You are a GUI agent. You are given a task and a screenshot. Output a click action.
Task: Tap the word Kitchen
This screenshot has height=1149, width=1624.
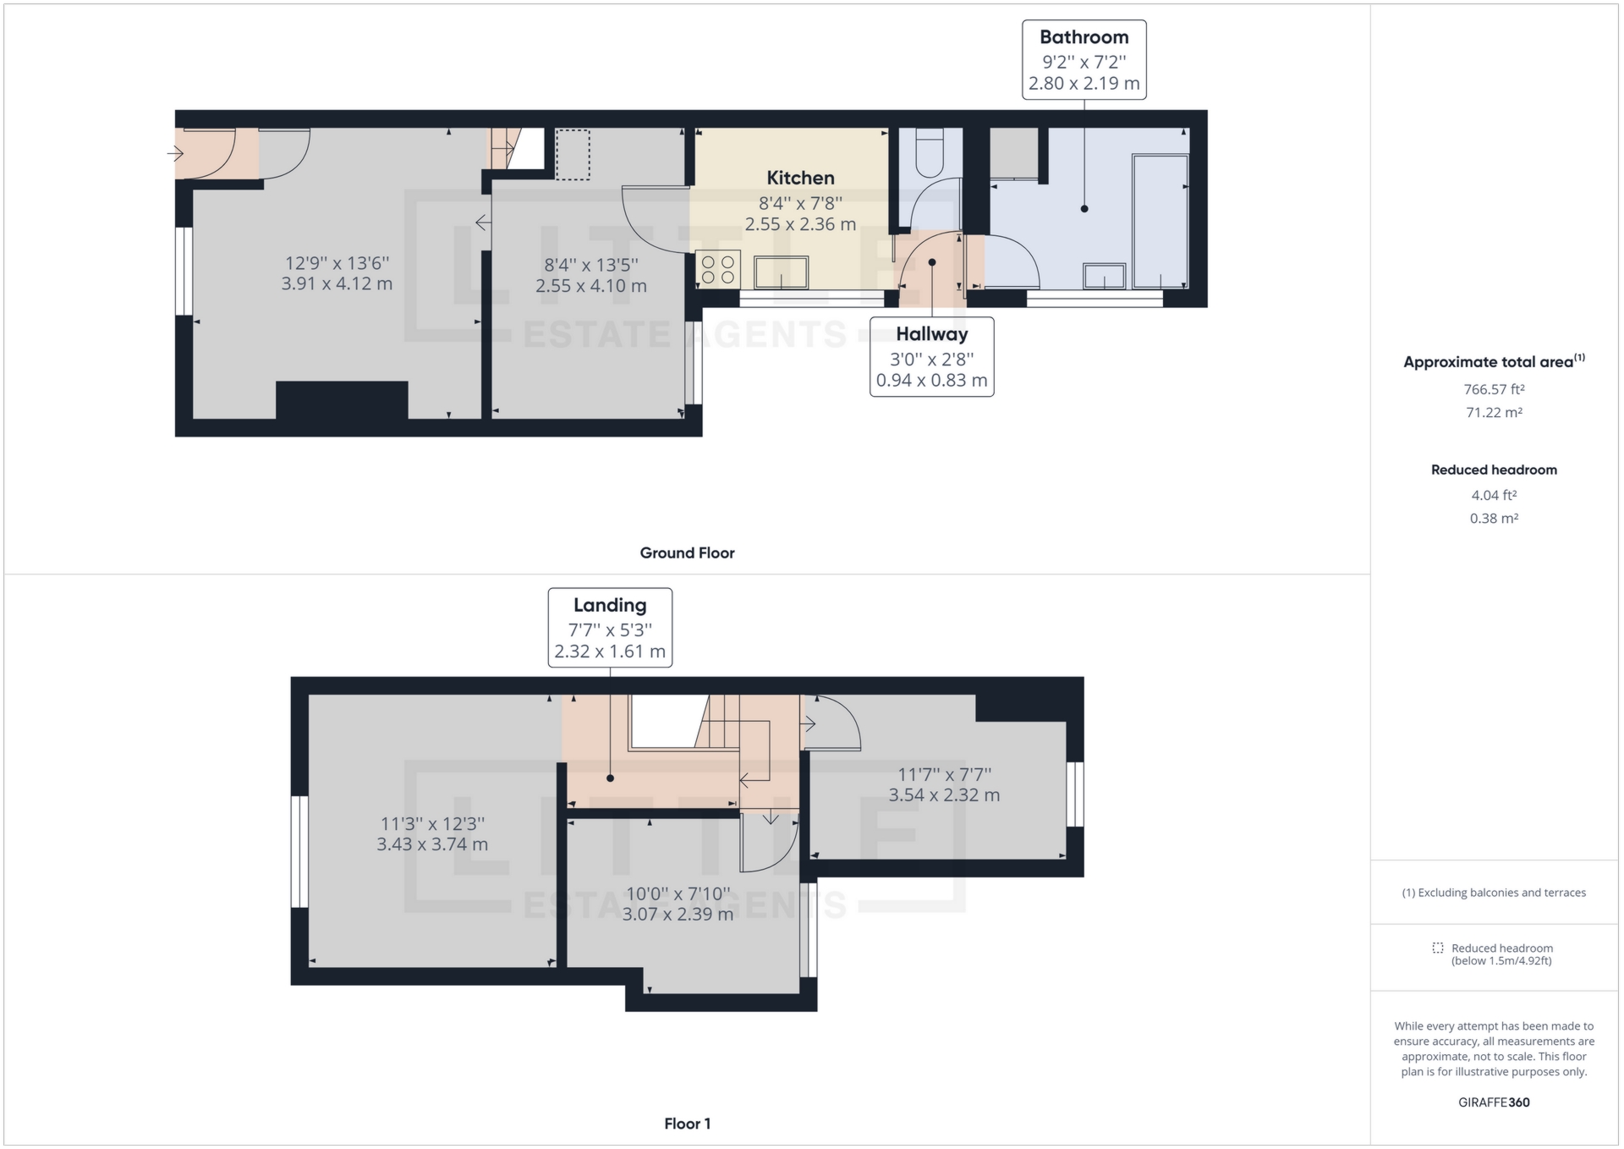tap(800, 178)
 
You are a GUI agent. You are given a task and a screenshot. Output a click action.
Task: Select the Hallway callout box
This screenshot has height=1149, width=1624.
tap(931, 356)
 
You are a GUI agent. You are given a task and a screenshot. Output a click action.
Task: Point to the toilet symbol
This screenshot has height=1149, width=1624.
tap(930, 152)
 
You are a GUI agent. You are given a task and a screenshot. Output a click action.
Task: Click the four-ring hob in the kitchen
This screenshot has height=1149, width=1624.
tap(717, 270)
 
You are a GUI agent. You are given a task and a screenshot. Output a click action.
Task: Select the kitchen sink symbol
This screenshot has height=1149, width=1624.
tap(781, 272)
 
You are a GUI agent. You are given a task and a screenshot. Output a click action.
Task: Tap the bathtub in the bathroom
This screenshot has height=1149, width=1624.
tap(1160, 220)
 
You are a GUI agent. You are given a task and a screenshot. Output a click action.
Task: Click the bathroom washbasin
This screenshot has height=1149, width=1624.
tap(1105, 276)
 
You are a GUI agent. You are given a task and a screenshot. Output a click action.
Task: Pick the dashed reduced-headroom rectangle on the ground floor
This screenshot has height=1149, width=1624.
tap(573, 154)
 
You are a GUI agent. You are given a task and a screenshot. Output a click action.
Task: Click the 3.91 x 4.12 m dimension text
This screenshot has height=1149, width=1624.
tap(337, 284)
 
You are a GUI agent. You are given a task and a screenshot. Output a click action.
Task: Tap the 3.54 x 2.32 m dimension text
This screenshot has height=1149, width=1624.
tap(944, 795)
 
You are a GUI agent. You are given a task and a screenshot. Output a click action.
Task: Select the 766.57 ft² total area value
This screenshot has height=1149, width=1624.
tap(1494, 390)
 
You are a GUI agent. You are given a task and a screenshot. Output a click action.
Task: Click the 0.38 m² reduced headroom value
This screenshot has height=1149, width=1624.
tap(1494, 519)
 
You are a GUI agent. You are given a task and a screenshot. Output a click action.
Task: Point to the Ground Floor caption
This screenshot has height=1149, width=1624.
tap(687, 553)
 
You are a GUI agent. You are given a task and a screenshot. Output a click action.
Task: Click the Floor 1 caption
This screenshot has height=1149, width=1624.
tap(687, 1124)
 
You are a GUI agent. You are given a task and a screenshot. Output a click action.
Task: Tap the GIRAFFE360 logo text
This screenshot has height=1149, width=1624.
tap(1494, 1102)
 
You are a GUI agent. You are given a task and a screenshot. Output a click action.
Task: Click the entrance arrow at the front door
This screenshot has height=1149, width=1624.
tap(175, 154)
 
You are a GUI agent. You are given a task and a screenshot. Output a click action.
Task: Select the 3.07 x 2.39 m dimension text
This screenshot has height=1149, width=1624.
tap(678, 915)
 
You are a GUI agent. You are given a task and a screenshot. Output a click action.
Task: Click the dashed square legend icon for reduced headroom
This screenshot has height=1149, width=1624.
tap(1437, 948)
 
